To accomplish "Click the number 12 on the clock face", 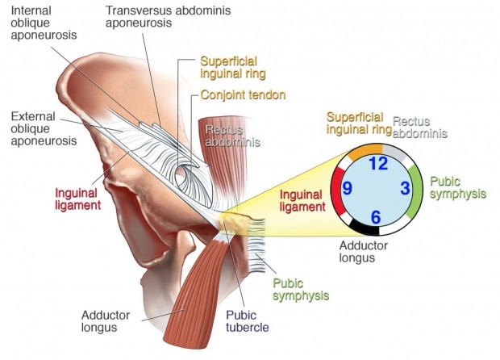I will click(377, 164).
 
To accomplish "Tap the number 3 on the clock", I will click(406, 188).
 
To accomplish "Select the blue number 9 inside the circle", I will click(348, 189).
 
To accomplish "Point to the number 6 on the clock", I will click(376, 216).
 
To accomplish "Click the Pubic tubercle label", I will click(247, 322).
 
